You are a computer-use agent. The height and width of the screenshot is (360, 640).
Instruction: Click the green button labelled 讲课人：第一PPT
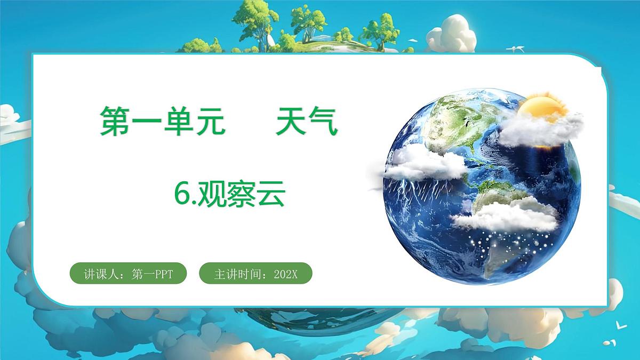pos(128,274)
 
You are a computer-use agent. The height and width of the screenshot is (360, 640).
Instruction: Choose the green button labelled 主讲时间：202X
pos(255,274)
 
